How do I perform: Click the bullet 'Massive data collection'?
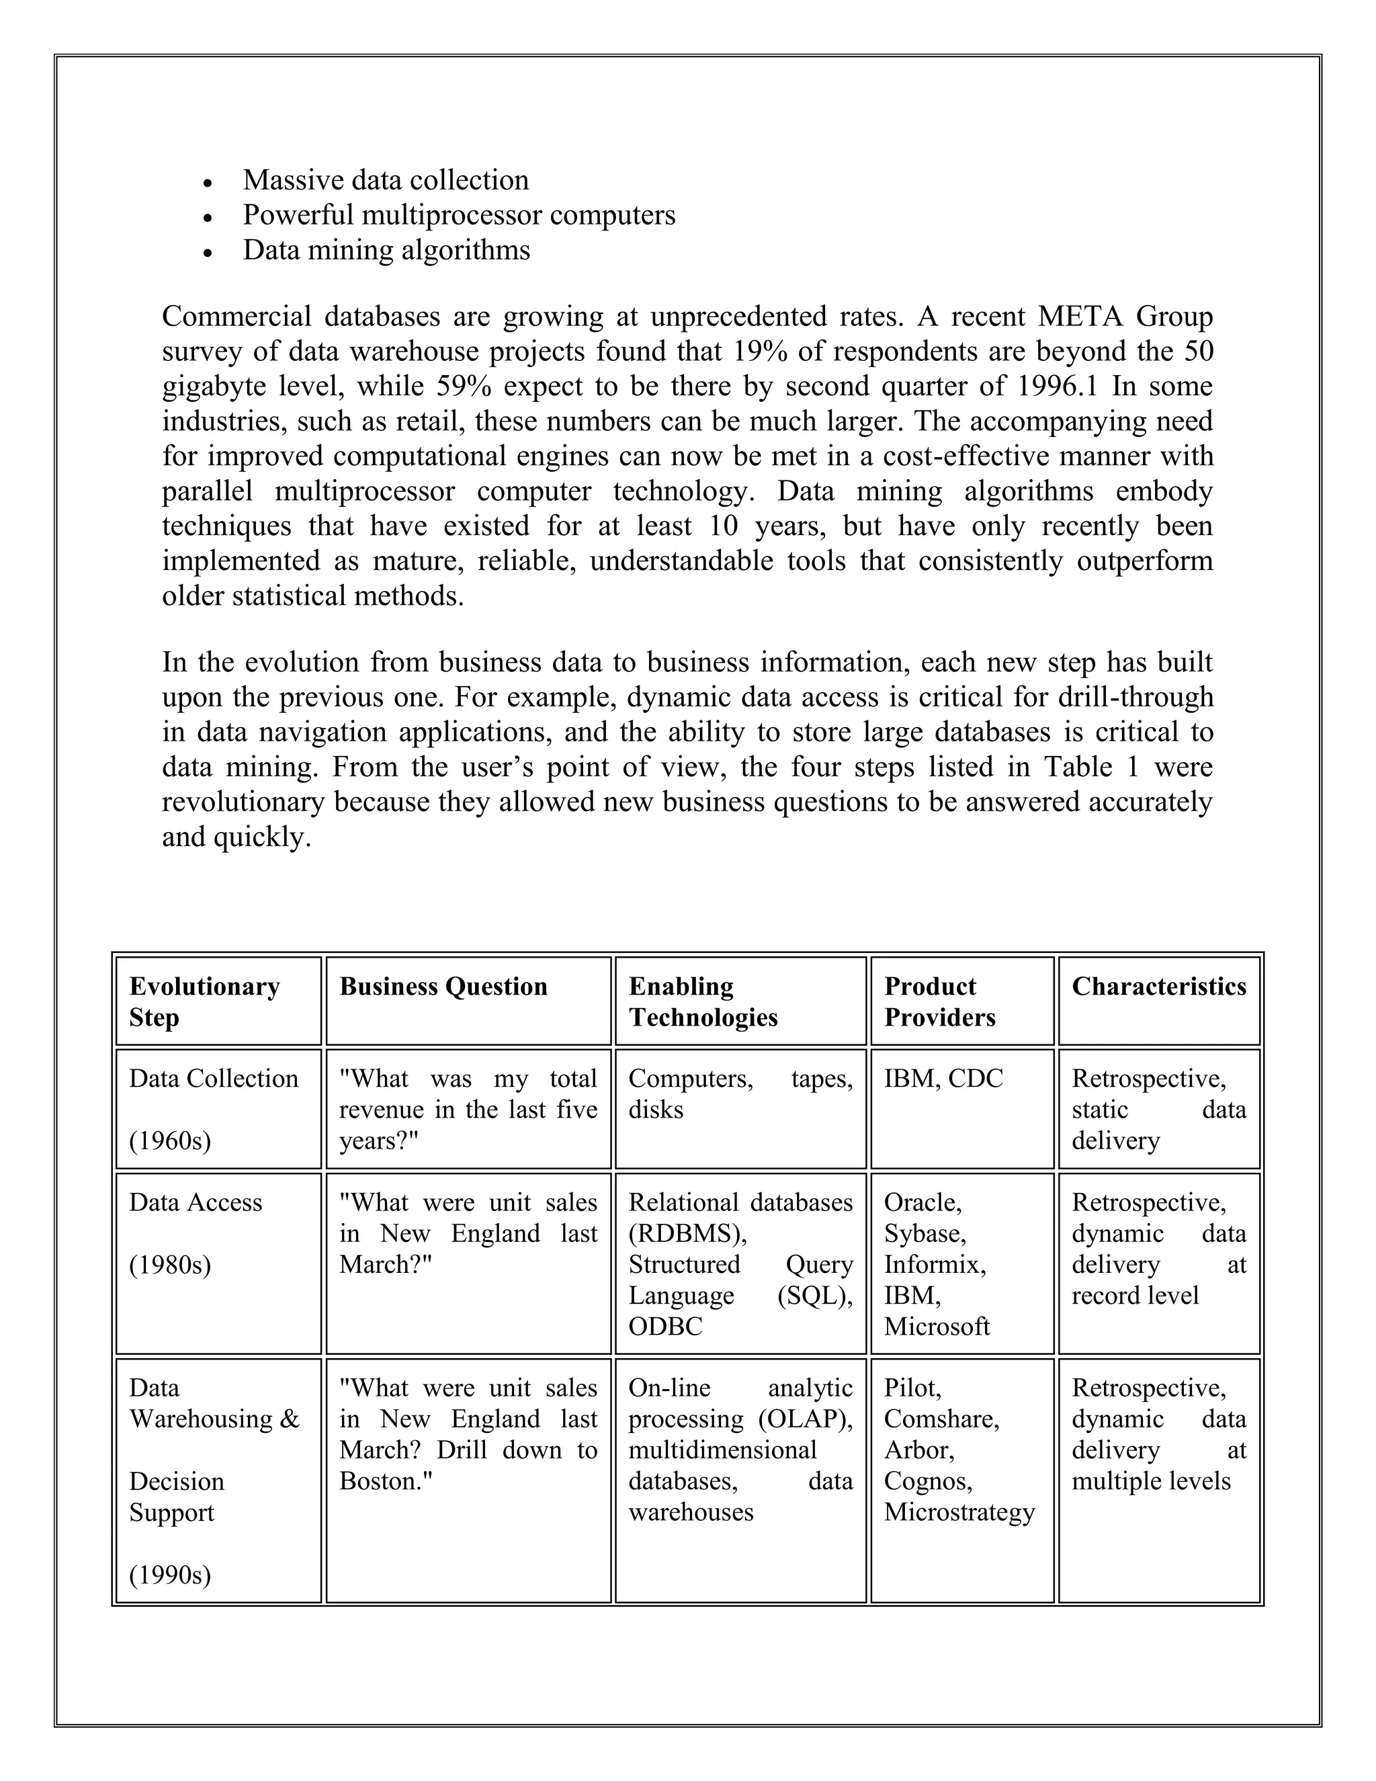click(x=386, y=180)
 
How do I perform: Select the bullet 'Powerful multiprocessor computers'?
click(x=459, y=215)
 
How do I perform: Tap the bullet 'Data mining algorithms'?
click(x=386, y=251)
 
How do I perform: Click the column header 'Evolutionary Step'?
click(x=204, y=1001)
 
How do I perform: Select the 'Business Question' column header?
click(x=443, y=987)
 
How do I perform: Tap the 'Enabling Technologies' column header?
click(x=703, y=1001)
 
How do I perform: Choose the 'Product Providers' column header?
click(x=940, y=1001)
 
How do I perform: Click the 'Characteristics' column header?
click(x=1158, y=987)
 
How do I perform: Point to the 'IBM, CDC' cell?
click(x=943, y=1079)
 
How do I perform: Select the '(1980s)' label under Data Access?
click(x=169, y=1265)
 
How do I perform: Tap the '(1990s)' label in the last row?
click(x=169, y=1575)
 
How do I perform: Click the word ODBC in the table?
click(x=665, y=1327)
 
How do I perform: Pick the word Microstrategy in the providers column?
click(x=959, y=1512)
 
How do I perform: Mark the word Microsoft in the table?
click(x=937, y=1327)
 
